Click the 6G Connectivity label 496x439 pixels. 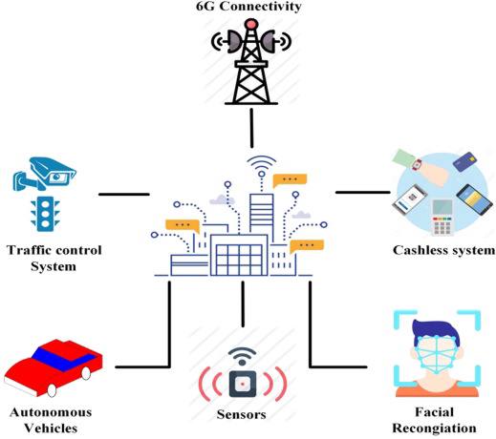pyautogui.click(x=248, y=6)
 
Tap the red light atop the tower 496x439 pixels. pyautogui.click(x=251, y=24)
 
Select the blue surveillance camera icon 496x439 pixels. pyautogui.click(x=44, y=173)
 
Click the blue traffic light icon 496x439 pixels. pyautogui.click(x=45, y=214)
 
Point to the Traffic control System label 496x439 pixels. pyautogui.click(x=54, y=258)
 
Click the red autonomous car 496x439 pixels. pyautogui.click(x=54, y=367)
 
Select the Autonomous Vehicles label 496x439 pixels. pyautogui.click(x=51, y=420)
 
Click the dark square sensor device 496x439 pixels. pyautogui.click(x=243, y=384)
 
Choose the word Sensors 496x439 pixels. pyautogui.click(x=242, y=414)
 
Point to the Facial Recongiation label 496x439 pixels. pyautogui.click(x=434, y=420)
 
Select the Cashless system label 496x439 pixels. pyautogui.click(x=444, y=250)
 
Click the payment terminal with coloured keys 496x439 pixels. pyautogui.click(x=442, y=218)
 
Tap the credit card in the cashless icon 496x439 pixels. pyautogui.click(x=465, y=162)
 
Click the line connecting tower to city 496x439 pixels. pyautogui.click(x=251, y=128)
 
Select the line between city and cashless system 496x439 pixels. pyautogui.click(x=363, y=192)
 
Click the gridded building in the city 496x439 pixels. pyautogui.click(x=239, y=255)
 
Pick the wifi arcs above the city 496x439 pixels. pyautogui.click(x=262, y=162)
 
